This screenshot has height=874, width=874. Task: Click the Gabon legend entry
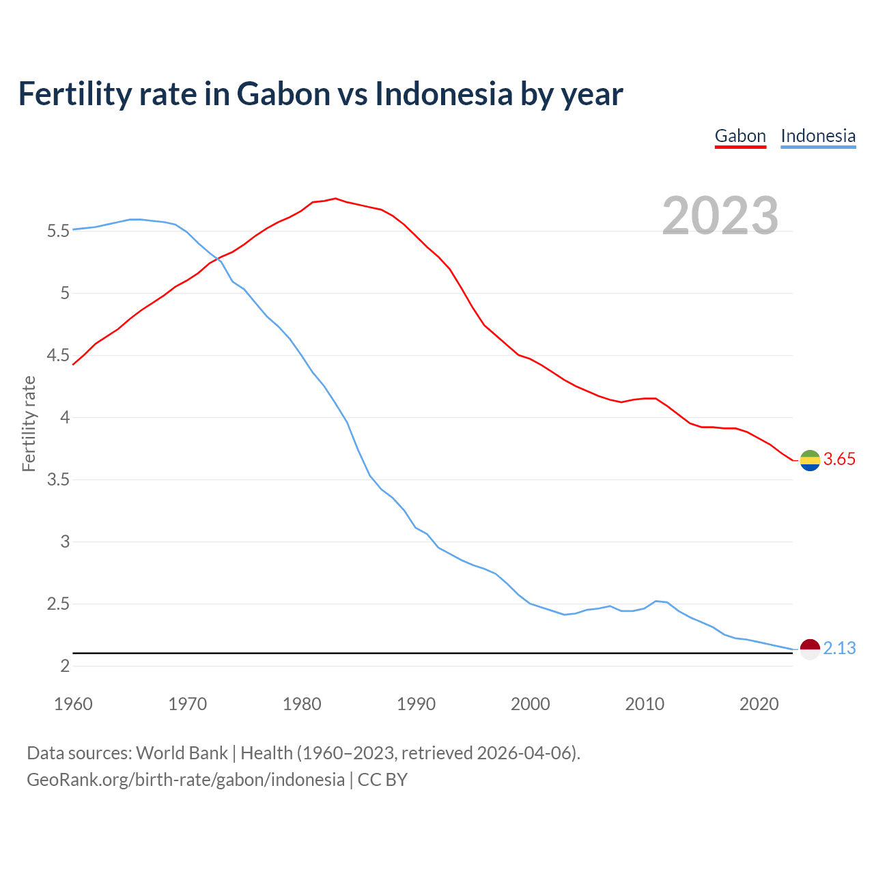click(740, 136)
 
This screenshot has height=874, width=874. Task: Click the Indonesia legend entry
click(818, 136)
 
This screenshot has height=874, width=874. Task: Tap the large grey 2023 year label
click(720, 216)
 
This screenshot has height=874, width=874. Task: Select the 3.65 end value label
click(839, 460)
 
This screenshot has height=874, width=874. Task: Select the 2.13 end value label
click(839, 648)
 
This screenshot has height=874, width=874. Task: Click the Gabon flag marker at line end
click(810, 461)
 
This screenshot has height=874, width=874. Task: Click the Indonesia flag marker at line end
click(810, 649)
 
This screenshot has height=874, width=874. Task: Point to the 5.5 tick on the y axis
click(58, 231)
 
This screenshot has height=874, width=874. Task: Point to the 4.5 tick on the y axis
click(58, 356)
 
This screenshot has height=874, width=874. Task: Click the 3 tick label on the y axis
click(66, 542)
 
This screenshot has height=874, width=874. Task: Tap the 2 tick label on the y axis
click(66, 666)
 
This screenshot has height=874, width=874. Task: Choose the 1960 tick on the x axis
click(73, 704)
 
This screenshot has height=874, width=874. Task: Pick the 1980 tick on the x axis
click(302, 704)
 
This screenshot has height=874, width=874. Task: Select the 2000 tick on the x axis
click(531, 704)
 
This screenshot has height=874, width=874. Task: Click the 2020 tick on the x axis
click(759, 704)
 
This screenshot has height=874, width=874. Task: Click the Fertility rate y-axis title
click(29, 423)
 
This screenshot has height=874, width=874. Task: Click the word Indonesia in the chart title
click(444, 94)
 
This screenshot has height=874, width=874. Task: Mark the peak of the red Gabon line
click(335, 198)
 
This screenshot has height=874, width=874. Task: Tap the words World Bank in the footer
click(182, 753)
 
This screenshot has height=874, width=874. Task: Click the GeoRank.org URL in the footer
click(186, 780)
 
